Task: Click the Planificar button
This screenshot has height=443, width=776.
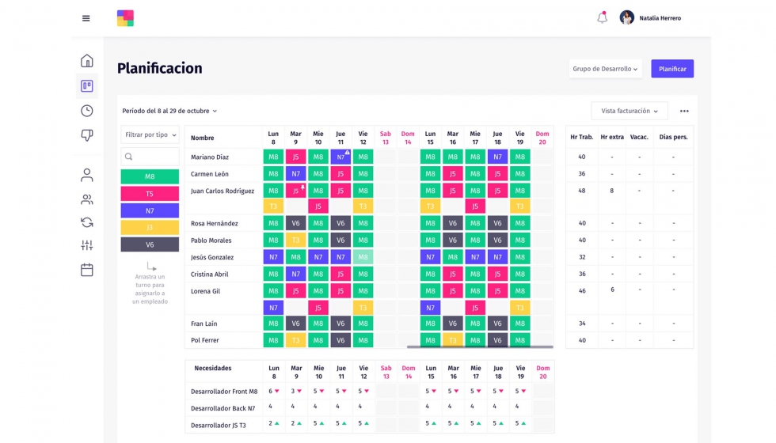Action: point(672,69)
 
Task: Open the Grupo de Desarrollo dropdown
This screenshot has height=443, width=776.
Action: point(605,69)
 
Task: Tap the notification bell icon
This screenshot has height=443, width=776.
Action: point(602,17)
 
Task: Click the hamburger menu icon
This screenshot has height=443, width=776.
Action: point(86,18)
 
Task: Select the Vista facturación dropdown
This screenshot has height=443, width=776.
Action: point(630,111)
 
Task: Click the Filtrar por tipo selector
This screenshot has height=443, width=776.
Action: point(150,135)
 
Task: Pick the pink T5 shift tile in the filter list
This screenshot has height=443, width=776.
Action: point(150,194)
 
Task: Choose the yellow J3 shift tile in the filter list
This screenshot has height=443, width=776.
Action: point(150,228)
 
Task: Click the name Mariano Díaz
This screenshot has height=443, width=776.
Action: point(210,157)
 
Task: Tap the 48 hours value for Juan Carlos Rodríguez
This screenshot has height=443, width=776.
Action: point(581,191)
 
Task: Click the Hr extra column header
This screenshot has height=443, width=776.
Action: point(612,138)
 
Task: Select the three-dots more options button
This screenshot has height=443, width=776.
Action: point(684,112)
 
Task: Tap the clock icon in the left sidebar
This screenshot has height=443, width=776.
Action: point(87,111)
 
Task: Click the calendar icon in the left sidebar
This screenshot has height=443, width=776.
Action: point(87,270)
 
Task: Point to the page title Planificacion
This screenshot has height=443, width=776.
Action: point(159,68)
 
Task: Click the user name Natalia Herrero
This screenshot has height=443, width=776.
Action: point(660,18)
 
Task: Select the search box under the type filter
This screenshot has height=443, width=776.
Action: point(150,157)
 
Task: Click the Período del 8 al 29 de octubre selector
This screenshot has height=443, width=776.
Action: point(169,111)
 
